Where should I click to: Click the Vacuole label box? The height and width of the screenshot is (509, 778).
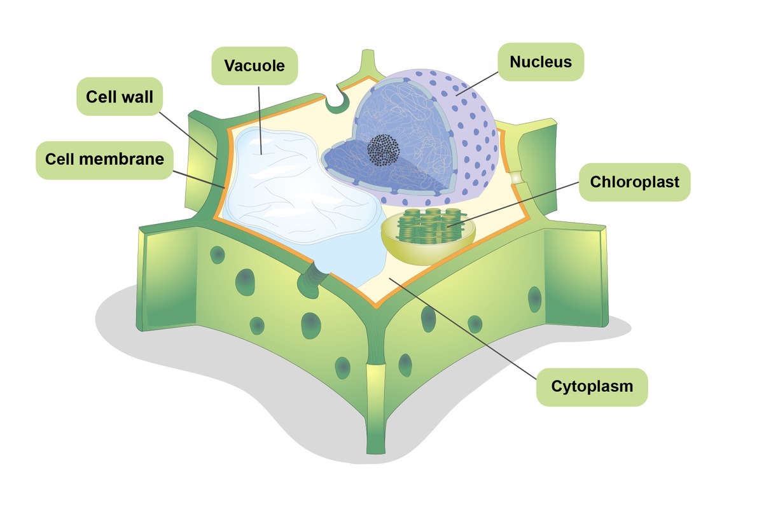click(254, 66)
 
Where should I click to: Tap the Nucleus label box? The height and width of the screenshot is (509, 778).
click(541, 62)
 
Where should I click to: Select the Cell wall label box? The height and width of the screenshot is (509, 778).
click(120, 96)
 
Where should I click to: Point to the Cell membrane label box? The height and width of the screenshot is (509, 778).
click(104, 160)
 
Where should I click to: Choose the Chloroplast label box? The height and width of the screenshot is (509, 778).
click(635, 182)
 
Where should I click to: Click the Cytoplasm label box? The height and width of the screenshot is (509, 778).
click(592, 387)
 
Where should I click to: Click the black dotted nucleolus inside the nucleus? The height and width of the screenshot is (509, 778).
click(384, 150)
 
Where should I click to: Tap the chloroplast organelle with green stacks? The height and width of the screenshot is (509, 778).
click(428, 236)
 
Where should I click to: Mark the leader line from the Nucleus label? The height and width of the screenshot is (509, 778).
click(477, 84)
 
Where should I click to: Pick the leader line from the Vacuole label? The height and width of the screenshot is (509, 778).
click(260, 120)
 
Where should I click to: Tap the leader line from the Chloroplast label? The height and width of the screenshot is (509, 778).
click(513, 205)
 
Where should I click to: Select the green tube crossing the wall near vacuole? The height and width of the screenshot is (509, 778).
click(312, 280)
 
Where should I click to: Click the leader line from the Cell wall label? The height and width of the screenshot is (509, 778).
click(188, 135)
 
